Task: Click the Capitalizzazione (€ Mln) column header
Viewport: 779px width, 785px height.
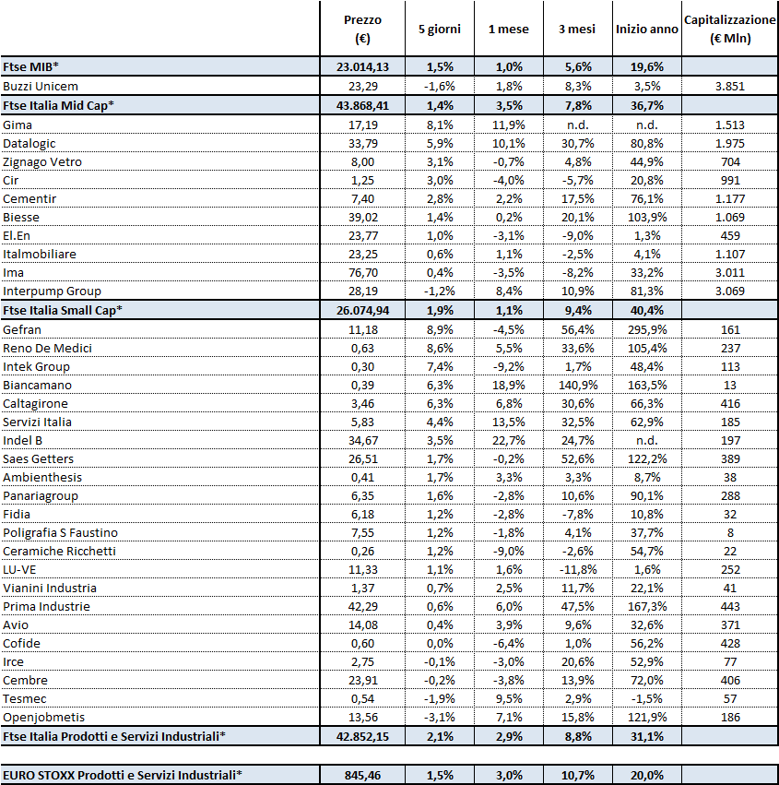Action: point(729,29)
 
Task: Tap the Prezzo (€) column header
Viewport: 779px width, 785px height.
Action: point(361,29)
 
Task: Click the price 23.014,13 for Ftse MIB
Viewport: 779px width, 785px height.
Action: point(361,67)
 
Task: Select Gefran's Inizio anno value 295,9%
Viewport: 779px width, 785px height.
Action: point(646,329)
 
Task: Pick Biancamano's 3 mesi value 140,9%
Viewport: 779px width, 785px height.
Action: point(577,385)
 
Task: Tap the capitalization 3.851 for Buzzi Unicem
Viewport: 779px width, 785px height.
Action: point(729,86)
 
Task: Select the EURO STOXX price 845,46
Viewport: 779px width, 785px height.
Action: point(362,775)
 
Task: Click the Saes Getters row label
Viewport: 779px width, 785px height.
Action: point(39,458)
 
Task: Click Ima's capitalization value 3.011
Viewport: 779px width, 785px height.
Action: point(729,272)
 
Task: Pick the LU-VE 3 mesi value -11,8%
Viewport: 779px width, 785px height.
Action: point(577,569)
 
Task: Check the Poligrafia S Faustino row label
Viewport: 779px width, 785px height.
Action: point(60,532)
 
